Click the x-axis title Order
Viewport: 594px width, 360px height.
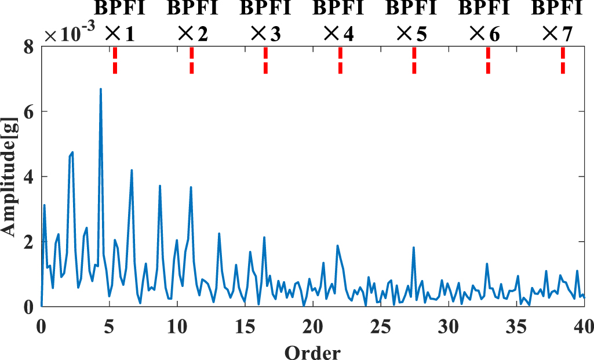(x=312, y=350)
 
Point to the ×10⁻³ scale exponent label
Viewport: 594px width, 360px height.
(x=70, y=35)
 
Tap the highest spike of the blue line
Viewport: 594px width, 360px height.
(x=101, y=89)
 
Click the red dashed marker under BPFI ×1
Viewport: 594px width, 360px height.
(x=115, y=60)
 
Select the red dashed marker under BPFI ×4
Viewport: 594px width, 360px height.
(x=340, y=60)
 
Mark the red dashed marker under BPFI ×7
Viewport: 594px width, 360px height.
(x=563, y=60)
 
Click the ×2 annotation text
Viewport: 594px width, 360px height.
(x=194, y=34)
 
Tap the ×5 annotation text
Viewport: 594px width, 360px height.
(x=412, y=34)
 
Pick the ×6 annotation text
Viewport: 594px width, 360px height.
(x=485, y=34)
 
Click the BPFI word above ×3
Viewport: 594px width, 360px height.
(x=265, y=10)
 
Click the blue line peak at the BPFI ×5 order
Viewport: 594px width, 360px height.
(x=414, y=248)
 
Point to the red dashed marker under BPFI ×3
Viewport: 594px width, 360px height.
(x=265, y=60)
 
